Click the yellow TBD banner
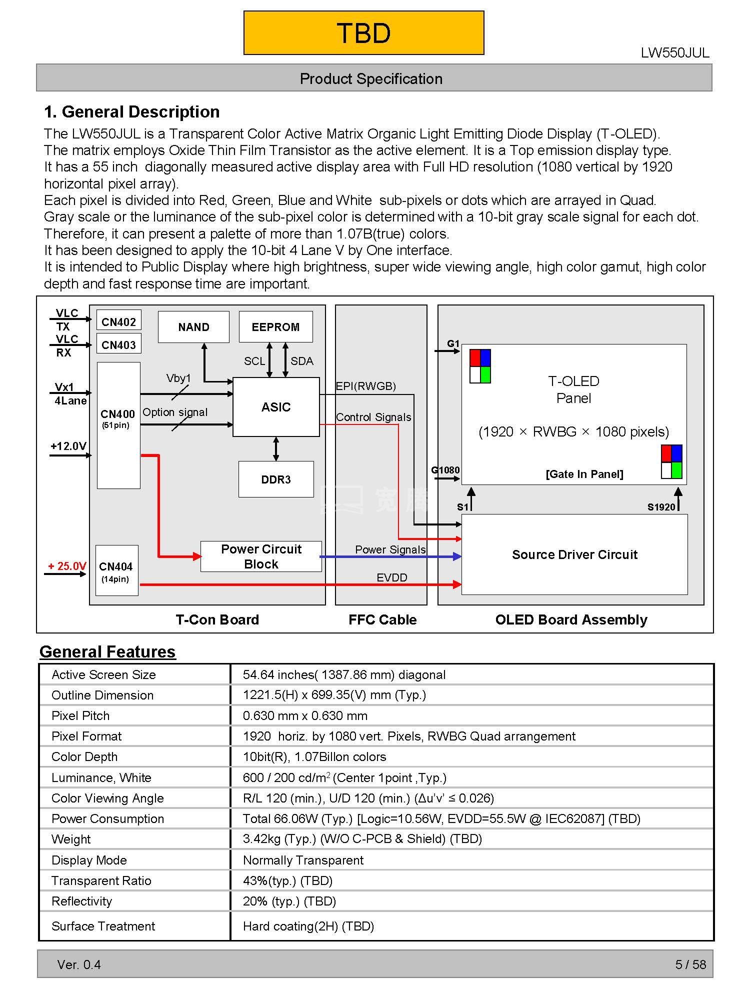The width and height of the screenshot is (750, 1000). click(x=363, y=33)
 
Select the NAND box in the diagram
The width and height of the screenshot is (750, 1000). click(x=193, y=327)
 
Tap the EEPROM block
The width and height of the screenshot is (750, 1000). click(x=275, y=327)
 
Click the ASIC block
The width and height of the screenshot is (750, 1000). click(x=276, y=407)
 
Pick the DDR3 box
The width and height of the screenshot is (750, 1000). click(x=276, y=479)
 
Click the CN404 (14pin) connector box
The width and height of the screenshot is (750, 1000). click(x=116, y=570)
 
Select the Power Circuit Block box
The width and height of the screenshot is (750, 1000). click(x=261, y=556)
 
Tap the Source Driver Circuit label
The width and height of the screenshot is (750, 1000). click(x=574, y=554)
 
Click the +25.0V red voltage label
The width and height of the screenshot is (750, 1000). click(x=67, y=566)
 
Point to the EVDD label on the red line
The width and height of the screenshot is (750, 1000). click(x=392, y=577)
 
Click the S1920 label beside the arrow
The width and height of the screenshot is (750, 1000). click(x=661, y=507)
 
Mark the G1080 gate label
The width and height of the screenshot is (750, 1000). click(x=445, y=470)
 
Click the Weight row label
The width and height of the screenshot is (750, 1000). click(x=71, y=839)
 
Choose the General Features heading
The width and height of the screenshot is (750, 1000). click(x=107, y=651)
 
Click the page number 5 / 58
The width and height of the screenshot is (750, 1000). click(x=690, y=964)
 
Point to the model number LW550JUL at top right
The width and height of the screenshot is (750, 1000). click(x=675, y=53)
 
